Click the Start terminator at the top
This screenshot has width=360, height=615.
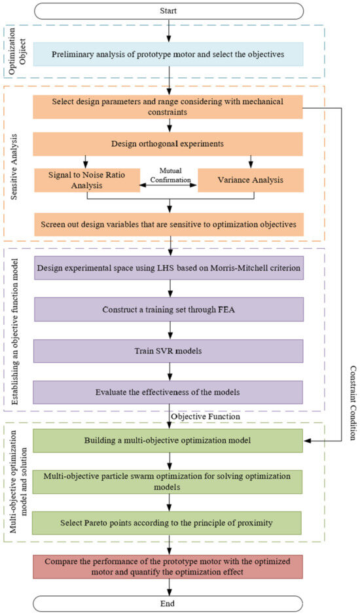[170, 11]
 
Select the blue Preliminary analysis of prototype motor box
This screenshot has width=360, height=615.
[170, 55]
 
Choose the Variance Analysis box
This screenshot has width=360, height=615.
[251, 180]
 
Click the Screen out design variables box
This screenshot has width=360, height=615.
[170, 224]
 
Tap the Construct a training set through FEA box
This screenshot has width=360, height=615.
[170, 309]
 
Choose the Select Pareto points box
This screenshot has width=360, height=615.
[170, 523]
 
